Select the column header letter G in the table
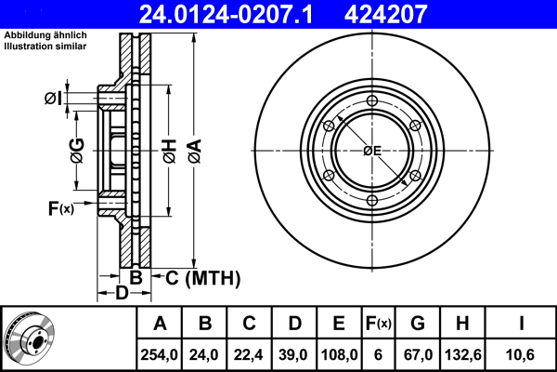point(417,324)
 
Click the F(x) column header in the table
point(378,324)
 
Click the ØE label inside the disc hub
point(371,151)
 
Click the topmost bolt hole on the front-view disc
point(371,102)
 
